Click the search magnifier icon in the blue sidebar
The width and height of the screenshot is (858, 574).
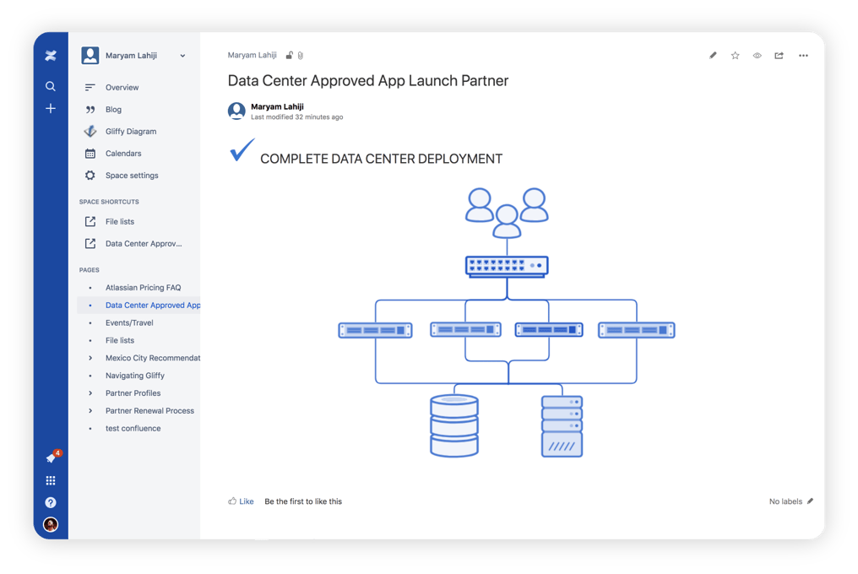51,86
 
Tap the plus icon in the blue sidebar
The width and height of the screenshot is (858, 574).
51,108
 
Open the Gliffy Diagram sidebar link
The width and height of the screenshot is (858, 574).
131,132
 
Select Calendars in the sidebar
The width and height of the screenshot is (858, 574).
123,154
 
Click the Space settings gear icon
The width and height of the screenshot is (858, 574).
90,175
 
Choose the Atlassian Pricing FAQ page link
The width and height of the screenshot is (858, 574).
143,287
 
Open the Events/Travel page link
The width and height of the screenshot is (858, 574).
129,322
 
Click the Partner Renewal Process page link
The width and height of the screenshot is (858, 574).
149,410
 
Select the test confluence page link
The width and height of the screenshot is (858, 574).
133,429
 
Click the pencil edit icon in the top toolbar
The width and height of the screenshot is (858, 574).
713,55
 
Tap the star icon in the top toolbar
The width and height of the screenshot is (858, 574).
735,55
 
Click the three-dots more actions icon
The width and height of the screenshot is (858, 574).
803,55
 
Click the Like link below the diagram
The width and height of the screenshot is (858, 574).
247,501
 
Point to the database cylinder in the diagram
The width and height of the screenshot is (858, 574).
454,425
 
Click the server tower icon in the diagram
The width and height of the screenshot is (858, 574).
562,426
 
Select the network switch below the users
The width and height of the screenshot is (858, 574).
507,267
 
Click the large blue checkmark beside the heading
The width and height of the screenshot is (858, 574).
242,149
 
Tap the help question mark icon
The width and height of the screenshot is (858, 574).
51,502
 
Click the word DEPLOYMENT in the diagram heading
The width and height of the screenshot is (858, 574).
459,159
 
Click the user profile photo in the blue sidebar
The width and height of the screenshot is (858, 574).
51,524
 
